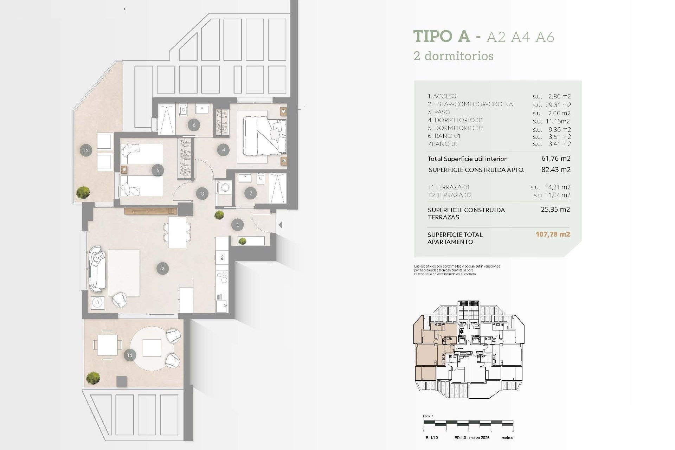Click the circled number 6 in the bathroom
pos(194,124)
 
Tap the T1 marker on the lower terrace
pos(129,355)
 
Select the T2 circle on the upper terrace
pos(86,150)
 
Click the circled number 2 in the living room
pos(163,269)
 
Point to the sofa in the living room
pos(97,269)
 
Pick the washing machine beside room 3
pos(224,188)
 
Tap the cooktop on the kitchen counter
pos(222,277)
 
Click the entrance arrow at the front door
pos(280,225)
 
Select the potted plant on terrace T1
pos(93,378)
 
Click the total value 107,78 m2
pos(553,234)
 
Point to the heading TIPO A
pos(442,36)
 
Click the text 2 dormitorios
pos(454,56)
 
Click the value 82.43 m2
pos(556,169)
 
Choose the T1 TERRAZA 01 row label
pos(449,187)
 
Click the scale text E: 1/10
pos(432,438)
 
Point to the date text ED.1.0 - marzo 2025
pos(472,438)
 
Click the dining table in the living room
pos(177,232)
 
